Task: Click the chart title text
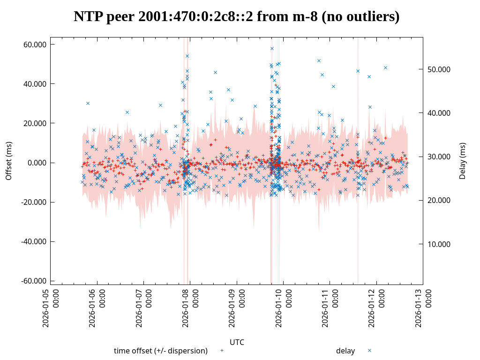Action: click(x=236, y=17)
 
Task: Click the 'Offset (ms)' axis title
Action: click(x=8, y=161)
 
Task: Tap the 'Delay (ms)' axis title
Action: click(x=463, y=161)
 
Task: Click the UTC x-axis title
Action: click(x=237, y=342)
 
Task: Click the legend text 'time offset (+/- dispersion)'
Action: click(x=161, y=351)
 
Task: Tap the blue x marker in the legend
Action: click(x=369, y=350)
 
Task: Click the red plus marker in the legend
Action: click(x=222, y=350)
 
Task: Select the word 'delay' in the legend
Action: click(x=345, y=351)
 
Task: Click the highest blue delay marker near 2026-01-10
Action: click(x=272, y=48)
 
